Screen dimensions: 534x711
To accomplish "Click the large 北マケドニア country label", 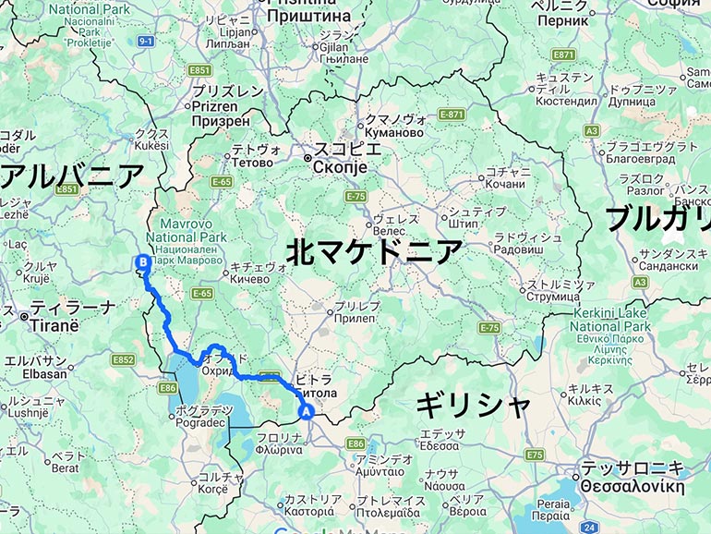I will point(373,251).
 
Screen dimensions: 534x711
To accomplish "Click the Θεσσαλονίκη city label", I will point(631,486).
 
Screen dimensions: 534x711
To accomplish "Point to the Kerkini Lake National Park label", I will point(609,319).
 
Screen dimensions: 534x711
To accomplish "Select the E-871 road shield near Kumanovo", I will point(451,115).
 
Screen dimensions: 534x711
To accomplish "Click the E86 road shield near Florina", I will point(355,444).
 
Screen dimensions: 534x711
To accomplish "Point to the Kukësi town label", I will point(151,145).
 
